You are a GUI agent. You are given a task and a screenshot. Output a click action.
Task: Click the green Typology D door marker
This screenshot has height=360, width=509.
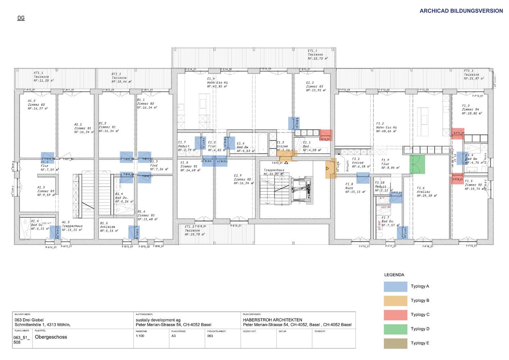[418, 164]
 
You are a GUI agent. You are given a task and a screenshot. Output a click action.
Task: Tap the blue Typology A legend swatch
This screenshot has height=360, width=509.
[395, 287]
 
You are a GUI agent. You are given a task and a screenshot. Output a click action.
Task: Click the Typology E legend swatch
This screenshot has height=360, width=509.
[395, 343]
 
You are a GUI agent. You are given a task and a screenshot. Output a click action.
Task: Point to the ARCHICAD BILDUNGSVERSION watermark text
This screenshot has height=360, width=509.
[461, 11]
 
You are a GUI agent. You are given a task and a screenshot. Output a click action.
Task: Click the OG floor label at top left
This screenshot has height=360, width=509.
[21, 18]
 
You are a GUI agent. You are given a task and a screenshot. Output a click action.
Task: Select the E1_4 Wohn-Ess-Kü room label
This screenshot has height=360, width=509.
[217, 82]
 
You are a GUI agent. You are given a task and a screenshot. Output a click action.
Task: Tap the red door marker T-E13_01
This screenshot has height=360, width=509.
[326, 135]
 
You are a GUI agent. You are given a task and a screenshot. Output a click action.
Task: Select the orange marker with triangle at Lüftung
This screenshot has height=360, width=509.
[331, 168]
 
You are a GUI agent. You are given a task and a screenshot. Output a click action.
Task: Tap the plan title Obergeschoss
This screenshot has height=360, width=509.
[51, 337]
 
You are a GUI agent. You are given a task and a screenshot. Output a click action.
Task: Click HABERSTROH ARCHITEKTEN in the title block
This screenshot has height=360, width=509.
[272, 320]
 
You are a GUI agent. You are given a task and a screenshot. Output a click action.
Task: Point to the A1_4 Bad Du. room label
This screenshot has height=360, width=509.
[37, 225]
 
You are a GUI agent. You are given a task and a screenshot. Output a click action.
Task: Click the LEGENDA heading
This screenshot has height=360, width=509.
[394, 275]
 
